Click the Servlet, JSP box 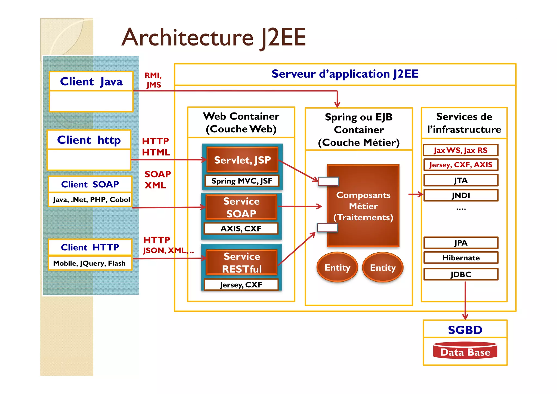(242, 160)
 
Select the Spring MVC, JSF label (242, 181)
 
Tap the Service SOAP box (241, 207)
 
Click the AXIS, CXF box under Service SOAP (241, 228)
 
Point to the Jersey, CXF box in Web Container (241, 285)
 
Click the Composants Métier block (363, 206)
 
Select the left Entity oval (337, 267)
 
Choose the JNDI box (461, 195)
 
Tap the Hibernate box (461, 258)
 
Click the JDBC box (461, 274)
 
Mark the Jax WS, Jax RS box (461, 150)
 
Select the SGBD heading (465, 330)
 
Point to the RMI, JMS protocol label (153, 80)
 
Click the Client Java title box (91, 81)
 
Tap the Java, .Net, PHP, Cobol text (91, 200)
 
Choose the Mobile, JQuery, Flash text (89, 263)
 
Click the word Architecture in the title (188, 38)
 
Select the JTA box (461, 180)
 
